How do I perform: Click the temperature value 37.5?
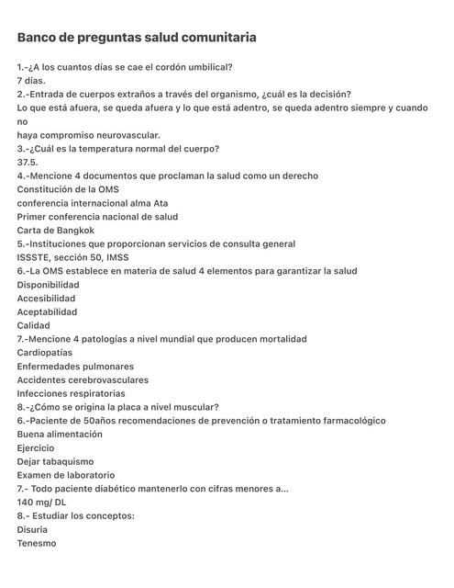[x=28, y=163]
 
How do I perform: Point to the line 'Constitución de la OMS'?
[x=74, y=189]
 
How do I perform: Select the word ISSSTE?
[x=35, y=257]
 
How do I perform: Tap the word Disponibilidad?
[x=48, y=285]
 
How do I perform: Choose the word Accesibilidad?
[x=47, y=299]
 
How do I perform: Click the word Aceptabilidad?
[x=47, y=312]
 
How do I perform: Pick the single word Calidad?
[x=34, y=325]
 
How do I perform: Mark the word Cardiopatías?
[x=45, y=353]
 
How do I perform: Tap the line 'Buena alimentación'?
[x=60, y=435]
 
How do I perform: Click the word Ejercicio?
[x=36, y=448]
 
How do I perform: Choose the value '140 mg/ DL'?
[x=42, y=503]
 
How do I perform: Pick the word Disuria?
[x=33, y=530]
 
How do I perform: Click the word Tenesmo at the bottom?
[x=37, y=544]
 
